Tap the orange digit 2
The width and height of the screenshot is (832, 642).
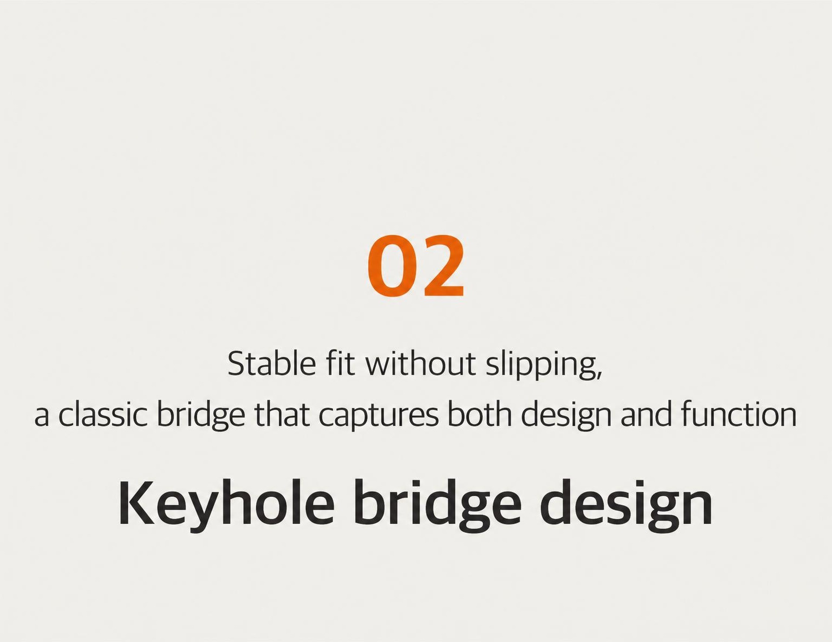pos(442,265)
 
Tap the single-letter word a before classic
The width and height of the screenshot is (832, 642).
pos(41,417)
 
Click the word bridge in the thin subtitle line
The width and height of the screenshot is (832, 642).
pos(200,417)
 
